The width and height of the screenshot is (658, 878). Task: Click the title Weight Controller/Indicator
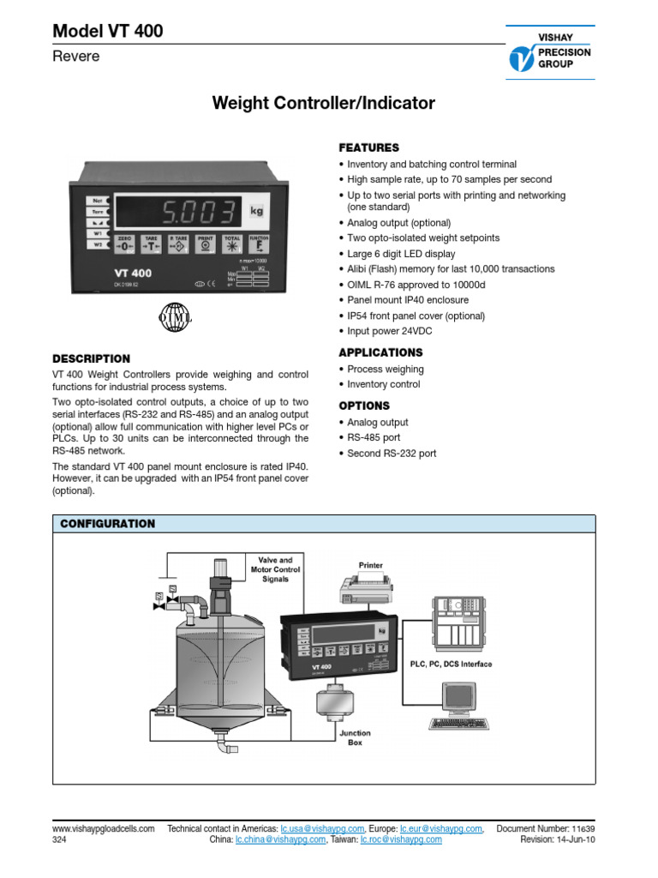point(324,104)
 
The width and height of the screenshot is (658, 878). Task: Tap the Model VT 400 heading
point(108,33)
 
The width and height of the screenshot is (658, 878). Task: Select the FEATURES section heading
point(368,147)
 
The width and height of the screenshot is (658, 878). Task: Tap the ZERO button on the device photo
point(125,244)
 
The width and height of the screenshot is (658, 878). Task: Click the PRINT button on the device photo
point(205,244)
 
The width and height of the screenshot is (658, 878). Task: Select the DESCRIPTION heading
point(92,358)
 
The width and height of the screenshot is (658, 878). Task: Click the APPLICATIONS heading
point(380,352)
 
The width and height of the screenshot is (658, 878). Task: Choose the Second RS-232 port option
point(392,454)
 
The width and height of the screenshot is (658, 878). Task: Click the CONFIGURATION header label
point(106,523)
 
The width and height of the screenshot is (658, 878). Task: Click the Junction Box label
point(355,737)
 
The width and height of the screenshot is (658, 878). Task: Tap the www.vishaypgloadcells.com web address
point(104,828)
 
